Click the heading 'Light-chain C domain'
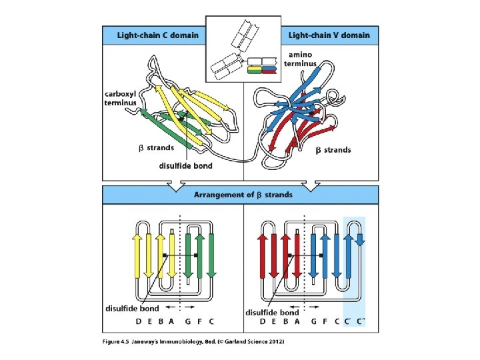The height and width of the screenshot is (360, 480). click(x=158, y=35)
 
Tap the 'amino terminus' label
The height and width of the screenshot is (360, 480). click(x=301, y=59)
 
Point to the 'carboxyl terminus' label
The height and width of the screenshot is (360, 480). click(x=121, y=98)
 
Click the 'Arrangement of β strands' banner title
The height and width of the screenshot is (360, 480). click(x=243, y=195)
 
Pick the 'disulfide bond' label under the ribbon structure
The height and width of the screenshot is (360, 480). click(x=185, y=166)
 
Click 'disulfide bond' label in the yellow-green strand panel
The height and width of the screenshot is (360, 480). click(x=132, y=308)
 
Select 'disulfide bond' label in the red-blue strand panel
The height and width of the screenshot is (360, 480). click(x=271, y=312)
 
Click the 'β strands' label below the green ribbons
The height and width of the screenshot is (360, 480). click(x=161, y=147)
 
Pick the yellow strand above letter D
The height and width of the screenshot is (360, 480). click(x=137, y=256)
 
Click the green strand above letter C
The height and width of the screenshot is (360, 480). click(x=211, y=256)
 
